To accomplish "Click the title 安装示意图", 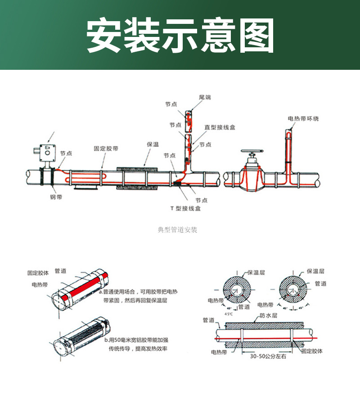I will tap(180, 36).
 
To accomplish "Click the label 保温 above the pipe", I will tap(153, 145).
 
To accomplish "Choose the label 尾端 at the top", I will tap(205, 97).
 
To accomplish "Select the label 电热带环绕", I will tap(303, 118).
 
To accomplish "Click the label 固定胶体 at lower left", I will tap(38, 273).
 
